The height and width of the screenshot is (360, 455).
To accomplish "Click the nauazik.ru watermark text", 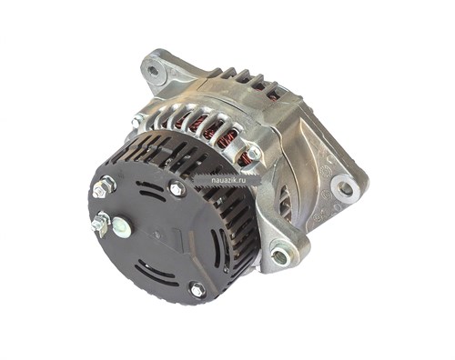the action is (228, 181).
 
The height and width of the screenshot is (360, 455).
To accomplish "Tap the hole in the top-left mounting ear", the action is (154, 72).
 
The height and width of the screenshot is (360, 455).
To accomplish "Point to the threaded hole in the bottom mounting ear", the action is (281, 256).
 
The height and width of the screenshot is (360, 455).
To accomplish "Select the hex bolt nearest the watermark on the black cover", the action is (177, 188).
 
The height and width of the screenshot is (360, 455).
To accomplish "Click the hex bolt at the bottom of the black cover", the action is (197, 290).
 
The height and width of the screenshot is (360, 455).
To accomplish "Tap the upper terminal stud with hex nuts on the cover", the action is (103, 188).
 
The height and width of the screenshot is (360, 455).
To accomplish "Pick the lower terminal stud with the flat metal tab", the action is (100, 225).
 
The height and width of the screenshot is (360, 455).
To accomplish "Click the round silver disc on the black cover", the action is (122, 226).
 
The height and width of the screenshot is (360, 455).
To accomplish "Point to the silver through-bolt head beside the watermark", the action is (253, 153).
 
